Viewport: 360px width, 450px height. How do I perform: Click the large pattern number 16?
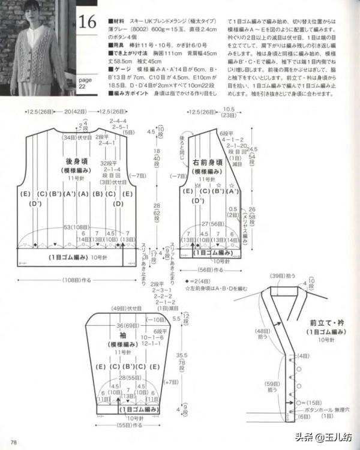tap(87, 22)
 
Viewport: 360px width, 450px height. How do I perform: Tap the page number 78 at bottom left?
tap(13, 443)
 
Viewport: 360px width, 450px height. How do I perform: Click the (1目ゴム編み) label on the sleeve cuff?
tap(139, 409)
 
